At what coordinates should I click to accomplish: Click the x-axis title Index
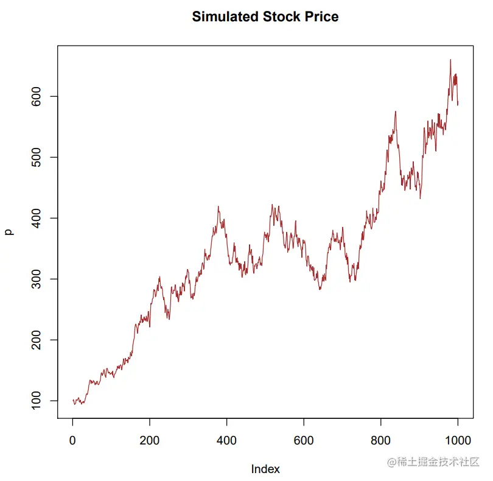point(265,469)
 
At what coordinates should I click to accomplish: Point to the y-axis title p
point(9,231)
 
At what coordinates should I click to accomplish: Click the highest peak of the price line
point(450,60)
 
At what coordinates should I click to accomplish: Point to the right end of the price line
point(458,105)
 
